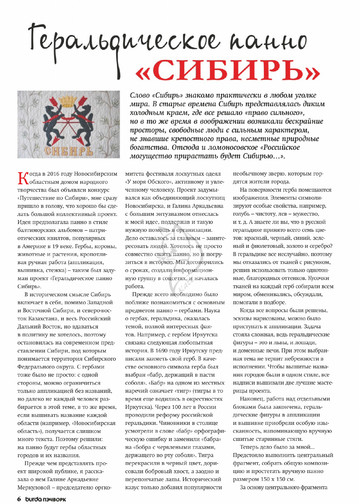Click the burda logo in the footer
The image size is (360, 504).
pos(36,496)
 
